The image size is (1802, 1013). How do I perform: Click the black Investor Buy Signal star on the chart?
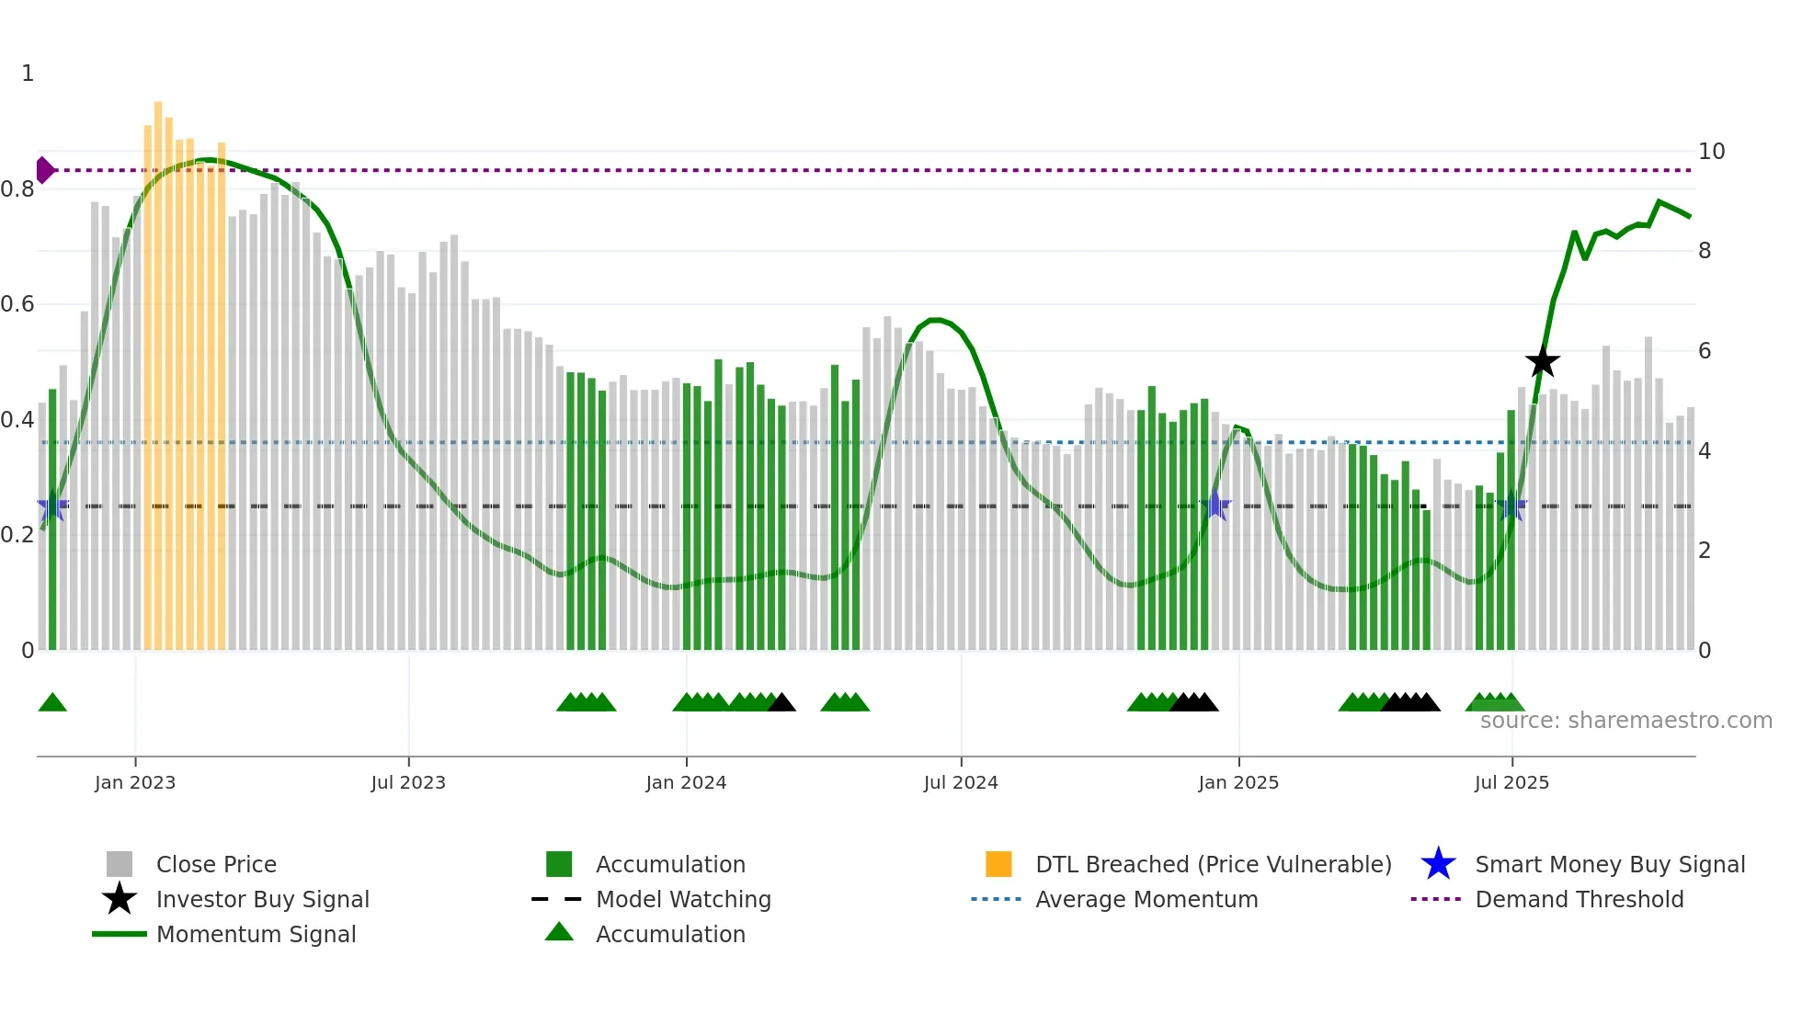tap(1543, 361)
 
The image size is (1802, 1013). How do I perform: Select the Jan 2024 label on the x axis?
tap(686, 782)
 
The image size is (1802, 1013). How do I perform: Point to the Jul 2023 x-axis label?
tap(408, 782)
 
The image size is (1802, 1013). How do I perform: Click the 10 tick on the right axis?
tap(1711, 152)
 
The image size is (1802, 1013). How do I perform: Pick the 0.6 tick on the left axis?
tap(18, 304)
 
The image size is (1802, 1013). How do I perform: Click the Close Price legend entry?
tap(215, 864)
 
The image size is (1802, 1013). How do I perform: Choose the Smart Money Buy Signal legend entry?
tap(1609, 864)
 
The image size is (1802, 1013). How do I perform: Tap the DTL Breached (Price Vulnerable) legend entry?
tap(1213, 864)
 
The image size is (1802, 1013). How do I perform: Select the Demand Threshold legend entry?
tap(1579, 899)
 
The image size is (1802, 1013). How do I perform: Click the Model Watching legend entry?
tap(682, 899)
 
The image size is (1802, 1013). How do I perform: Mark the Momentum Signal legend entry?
tap(256, 934)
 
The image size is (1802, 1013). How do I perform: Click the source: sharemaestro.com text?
tap(1625, 721)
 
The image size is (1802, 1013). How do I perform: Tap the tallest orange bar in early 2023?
tap(158, 368)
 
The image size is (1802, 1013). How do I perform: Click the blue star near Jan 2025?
tap(1215, 506)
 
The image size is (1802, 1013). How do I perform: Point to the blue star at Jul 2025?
tap(1511, 506)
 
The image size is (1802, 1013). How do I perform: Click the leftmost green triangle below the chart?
tap(52, 703)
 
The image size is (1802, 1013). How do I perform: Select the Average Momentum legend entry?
tap(1146, 899)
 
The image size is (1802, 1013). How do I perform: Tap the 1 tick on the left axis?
tap(28, 74)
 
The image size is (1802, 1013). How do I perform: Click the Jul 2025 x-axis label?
tap(1511, 782)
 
